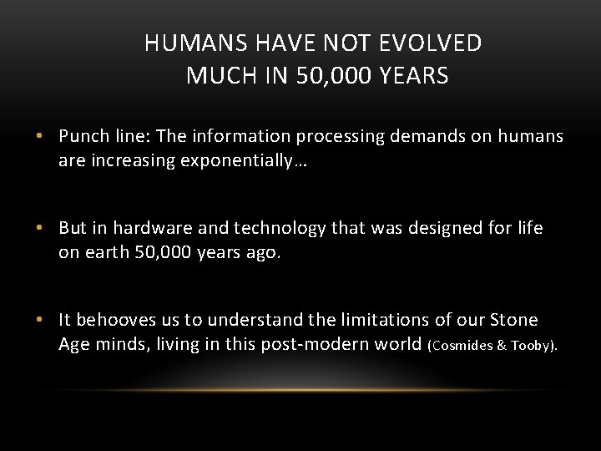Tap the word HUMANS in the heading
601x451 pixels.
184,43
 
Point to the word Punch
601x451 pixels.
84,136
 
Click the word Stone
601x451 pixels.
514,320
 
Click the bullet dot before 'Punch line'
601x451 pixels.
48,137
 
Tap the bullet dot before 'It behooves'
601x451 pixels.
48,321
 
